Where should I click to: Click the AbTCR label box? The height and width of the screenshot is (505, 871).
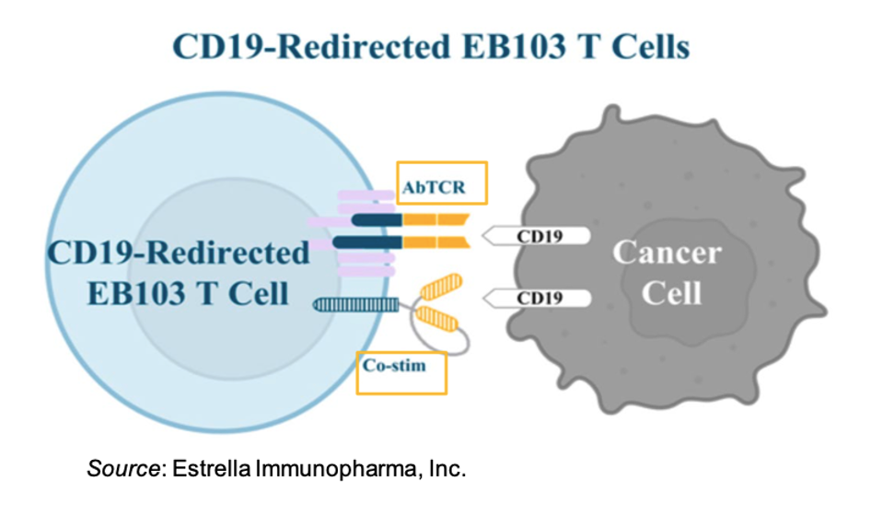(442, 183)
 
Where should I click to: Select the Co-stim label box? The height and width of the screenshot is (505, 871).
(401, 372)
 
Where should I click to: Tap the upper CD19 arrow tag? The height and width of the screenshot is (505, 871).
(536, 236)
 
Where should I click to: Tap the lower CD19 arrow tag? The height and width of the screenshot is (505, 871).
(536, 298)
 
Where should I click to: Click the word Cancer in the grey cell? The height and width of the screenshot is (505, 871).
(668, 252)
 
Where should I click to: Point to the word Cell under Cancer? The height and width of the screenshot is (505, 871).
(671, 293)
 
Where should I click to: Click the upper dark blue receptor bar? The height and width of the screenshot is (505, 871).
(377, 219)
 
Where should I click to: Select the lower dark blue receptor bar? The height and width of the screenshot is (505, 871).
(367, 242)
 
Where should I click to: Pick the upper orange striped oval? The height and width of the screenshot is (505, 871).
(441, 287)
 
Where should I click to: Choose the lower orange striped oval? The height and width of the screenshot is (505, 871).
(437, 319)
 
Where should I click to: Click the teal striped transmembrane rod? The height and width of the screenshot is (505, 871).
(356, 305)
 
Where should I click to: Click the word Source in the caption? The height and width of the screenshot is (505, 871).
(123, 468)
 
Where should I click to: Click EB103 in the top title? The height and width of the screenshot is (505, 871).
(513, 46)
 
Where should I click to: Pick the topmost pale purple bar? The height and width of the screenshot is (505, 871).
(366, 195)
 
